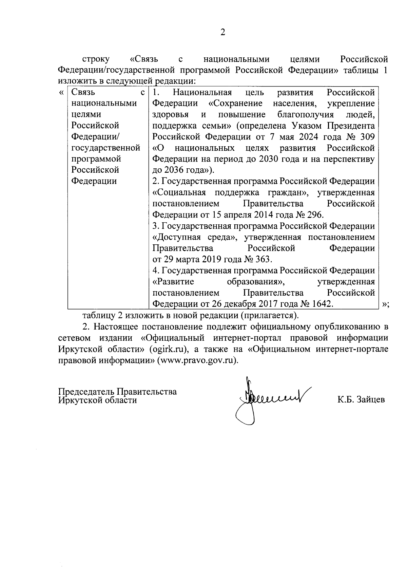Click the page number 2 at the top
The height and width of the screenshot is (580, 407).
[222, 33]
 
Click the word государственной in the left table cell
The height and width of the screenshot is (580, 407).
[106, 148]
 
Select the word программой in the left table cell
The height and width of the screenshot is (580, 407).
[96, 159]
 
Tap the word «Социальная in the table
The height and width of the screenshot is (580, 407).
[179, 193]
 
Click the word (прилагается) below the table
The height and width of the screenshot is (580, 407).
[270, 315]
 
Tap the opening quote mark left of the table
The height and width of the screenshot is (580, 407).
[61, 93]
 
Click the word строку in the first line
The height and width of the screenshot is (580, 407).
[96, 59]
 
